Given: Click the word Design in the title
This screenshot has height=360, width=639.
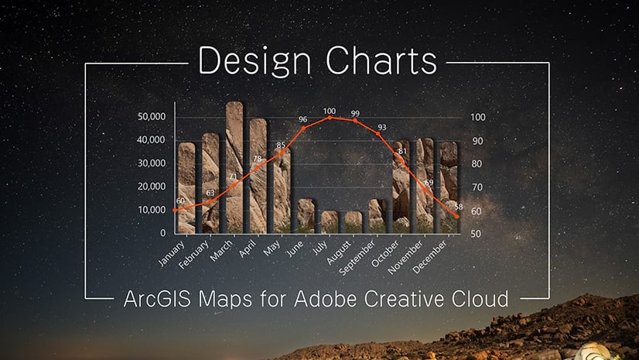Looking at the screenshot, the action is [255, 61].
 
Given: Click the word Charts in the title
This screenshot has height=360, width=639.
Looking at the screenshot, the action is [381, 60].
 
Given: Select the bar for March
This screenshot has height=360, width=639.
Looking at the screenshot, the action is [234, 167].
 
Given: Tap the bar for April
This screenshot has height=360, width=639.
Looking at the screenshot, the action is [258, 176].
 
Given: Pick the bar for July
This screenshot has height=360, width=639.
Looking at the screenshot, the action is [330, 222].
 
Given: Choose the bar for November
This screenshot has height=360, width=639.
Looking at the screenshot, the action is [425, 186].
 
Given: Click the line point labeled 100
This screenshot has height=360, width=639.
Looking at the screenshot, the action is [330, 118].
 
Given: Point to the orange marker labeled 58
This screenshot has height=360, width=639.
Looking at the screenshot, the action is [457, 217].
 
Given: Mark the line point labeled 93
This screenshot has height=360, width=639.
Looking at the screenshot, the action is [378, 134].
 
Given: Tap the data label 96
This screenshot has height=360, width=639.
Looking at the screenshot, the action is [302, 119].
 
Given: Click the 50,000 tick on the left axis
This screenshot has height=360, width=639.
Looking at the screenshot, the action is [152, 117].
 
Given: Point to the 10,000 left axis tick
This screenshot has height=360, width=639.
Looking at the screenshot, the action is [152, 210].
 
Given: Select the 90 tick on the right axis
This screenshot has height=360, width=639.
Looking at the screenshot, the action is [477, 141].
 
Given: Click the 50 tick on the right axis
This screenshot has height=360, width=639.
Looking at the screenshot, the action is [476, 234].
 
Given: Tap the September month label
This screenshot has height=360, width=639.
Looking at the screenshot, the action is [357, 257].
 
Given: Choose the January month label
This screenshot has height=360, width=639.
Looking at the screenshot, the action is [172, 254].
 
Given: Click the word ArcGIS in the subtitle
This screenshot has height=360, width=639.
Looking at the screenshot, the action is [157, 299].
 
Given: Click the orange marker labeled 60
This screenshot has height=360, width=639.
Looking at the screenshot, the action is [176, 211].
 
